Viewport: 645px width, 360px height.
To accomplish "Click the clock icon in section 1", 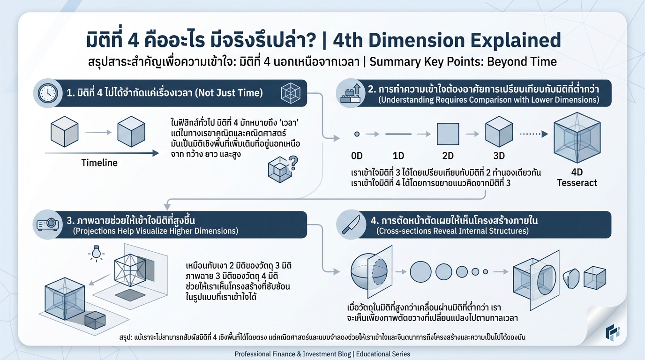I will (x=47, y=93).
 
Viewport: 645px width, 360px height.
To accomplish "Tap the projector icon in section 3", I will (x=47, y=225).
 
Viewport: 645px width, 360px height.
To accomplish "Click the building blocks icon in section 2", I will (x=350, y=93).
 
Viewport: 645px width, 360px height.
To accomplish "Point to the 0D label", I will (x=357, y=155).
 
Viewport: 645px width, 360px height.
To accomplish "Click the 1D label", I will (x=398, y=155).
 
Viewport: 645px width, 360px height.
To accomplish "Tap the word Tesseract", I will (x=577, y=183).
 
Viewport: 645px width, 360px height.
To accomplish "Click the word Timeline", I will (x=99, y=163).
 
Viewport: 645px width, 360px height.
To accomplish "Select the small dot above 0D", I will (x=357, y=134).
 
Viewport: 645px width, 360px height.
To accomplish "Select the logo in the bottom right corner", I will (x=612, y=332).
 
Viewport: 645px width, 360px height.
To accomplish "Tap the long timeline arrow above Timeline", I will (x=101, y=153).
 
